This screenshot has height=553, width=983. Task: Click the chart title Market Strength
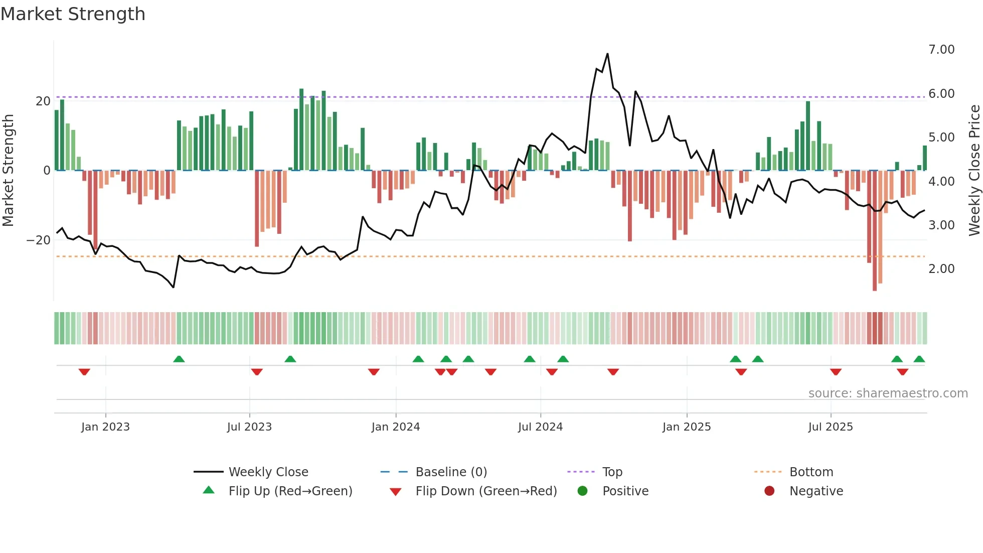click(73, 14)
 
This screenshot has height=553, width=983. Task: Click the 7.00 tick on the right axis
click(941, 50)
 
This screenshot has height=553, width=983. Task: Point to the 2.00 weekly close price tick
click(941, 269)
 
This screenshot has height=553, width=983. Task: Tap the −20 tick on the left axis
click(39, 240)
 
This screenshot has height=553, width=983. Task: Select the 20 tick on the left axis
click(43, 101)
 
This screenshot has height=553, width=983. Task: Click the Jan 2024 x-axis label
click(395, 427)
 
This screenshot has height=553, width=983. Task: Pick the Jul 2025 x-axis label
click(830, 427)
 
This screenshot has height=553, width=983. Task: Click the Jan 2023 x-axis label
click(105, 427)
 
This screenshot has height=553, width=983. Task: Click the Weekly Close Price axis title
click(974, 171)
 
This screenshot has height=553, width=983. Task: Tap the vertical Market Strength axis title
click(9, 171)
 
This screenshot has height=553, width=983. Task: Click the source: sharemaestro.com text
click(888, 393)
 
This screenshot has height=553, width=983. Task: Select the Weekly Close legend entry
click(268, 472)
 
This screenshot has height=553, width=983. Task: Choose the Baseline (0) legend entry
click(451, 472)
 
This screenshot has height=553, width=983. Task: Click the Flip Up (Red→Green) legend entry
click(290, 491)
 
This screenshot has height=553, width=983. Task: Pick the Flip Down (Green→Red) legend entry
click(486, 491)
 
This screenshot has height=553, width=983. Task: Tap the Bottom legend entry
click(811, 472)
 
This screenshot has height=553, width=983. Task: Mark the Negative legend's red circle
click(769, 491)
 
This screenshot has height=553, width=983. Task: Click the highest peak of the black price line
click(607, 54)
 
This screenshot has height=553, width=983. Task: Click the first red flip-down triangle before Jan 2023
click(84, 372)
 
